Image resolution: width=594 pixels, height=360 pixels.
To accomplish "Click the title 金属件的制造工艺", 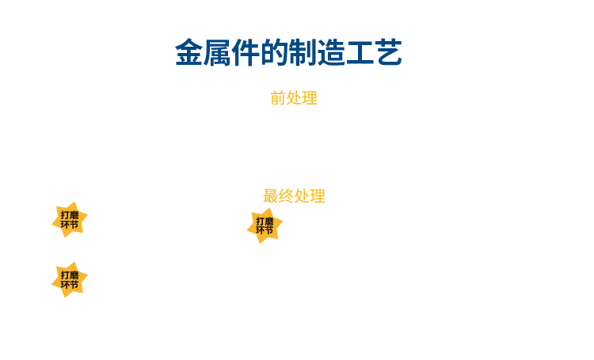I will pyautogui.click(x=288, y=53).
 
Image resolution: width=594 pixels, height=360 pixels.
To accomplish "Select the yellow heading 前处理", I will pyautogui.click(x=294, y=99).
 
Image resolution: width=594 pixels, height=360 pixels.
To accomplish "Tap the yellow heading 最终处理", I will pyautogui.click(x=294, y=196).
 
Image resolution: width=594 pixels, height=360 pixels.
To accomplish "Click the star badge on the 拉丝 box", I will pyautogui.click(x=265, y=225).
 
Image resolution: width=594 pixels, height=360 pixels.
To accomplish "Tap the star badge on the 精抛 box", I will pyautogui.click(x=70, y=279).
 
